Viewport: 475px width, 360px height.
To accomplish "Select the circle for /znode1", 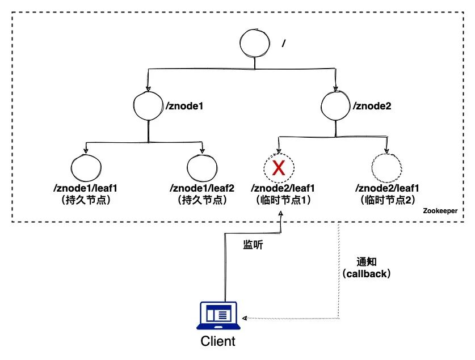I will click(149, 106).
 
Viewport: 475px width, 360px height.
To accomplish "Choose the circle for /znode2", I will click(335, 105).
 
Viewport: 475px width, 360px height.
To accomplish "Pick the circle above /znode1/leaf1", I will click(86, 168).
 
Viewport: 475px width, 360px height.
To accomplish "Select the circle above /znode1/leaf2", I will click(201, 168).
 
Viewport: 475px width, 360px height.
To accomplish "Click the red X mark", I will click(278, 168).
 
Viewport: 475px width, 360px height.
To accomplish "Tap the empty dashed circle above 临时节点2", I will click(386, 168).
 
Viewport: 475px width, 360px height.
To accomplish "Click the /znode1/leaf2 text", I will click(202, 188).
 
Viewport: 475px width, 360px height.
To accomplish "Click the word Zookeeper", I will click(439, 210).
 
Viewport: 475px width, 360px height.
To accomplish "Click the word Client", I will click(217, 342).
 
